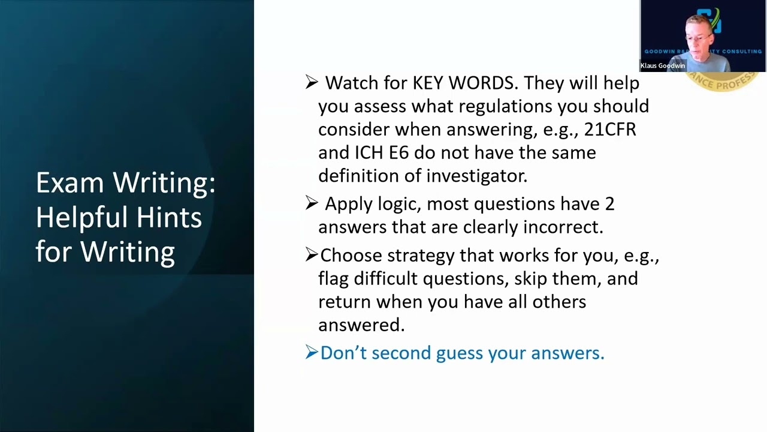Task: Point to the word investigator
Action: point(476,175)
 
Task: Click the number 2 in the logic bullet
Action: point(609,204)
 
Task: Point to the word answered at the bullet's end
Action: point(361,325)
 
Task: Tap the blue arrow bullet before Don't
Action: point(311,352)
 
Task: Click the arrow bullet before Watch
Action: point(311,82)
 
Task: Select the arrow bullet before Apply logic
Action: point(311,203)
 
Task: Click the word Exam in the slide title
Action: point(71,182)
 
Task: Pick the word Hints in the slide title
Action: point(171,217)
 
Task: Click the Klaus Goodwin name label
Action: point(662,66)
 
